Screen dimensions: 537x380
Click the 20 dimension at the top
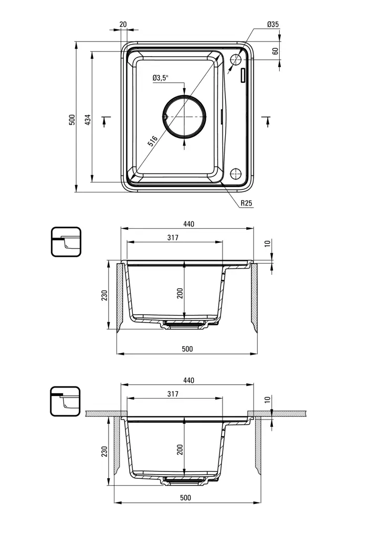tap(123, 24)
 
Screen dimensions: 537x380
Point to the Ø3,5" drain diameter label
tap(161, 78)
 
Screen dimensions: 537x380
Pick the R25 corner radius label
tap(247, 203)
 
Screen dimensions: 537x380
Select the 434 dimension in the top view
tap(88, 119)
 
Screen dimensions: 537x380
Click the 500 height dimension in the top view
tap(72, 119)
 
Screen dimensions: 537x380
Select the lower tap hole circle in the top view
tap(235, 173)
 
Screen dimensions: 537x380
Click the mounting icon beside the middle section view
tap(66, 242)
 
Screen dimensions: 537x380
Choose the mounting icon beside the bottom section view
tap(66, 401)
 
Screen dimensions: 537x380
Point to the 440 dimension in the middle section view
tap(188, 224)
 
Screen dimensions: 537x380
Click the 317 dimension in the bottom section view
tap(173, 394)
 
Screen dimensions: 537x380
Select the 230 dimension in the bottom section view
tap(104, 452)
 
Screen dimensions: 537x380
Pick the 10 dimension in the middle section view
tap(267, 243)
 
